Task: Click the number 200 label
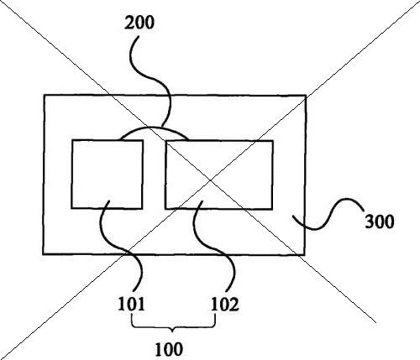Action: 139,23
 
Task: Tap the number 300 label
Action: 380,222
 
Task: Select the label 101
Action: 131,304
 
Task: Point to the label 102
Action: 225,304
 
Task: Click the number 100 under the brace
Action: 169,349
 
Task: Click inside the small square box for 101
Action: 107,175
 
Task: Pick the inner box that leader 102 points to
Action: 219,175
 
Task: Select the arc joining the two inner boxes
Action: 155,128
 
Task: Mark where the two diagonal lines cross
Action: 210,180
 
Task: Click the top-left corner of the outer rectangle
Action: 44,95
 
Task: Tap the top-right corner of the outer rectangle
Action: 306,96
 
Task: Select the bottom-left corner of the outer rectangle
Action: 43,254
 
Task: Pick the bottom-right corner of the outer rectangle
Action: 305,255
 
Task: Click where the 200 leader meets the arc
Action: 162,127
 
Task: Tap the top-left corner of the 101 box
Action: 72,140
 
